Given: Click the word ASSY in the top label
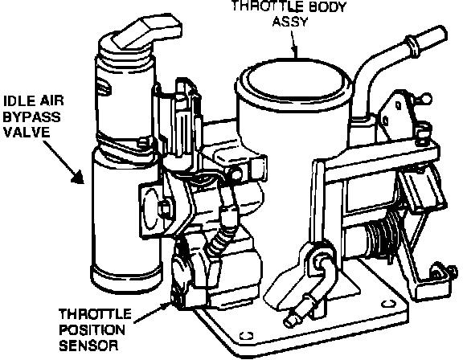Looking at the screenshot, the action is pos(290,22).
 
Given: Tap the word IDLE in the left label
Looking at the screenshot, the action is pos(17,101).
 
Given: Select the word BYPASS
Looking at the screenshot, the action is pos(31,117).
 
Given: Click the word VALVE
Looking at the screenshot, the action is pos(27,133).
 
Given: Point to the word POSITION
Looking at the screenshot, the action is pos(92,329).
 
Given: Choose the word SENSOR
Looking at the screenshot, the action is pos(88,346).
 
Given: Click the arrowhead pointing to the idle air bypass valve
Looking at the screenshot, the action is pos(78,177).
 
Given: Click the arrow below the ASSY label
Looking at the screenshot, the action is pos(293,44).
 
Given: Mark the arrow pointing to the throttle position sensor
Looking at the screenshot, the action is pos(153,313).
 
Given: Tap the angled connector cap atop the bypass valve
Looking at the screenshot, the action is pos(147,31).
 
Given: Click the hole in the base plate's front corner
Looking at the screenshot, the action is pos(246,336).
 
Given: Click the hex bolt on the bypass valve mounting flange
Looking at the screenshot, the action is pos(164,209).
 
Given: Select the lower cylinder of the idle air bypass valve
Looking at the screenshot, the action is pos(125,221).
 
